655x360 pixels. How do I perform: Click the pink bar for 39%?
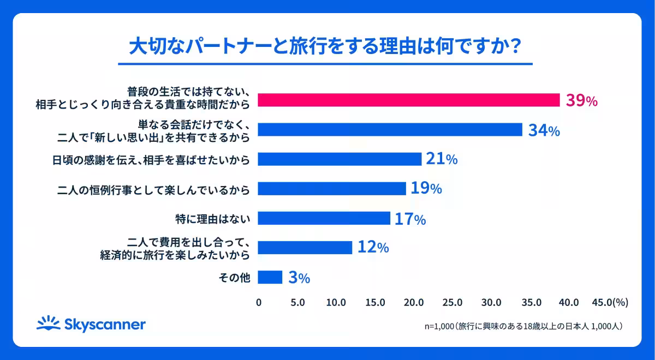[408, 100]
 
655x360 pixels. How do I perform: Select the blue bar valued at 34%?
[390, 130]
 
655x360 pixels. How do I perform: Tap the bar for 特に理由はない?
[324, 218]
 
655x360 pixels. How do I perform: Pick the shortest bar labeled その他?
[270, 277]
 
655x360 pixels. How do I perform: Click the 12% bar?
[305, 248]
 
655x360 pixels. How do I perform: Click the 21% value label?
[442, 159]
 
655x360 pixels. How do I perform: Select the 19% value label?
[426, 189]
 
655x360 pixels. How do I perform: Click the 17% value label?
[410, 219]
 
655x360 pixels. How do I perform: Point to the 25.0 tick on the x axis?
[453, 302]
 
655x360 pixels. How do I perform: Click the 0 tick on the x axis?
[259, 302]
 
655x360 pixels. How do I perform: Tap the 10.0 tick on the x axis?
[336, 302]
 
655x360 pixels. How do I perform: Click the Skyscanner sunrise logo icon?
[48, 323]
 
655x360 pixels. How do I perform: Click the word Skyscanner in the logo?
[105, 325]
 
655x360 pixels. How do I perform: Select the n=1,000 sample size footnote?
[523, 326]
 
